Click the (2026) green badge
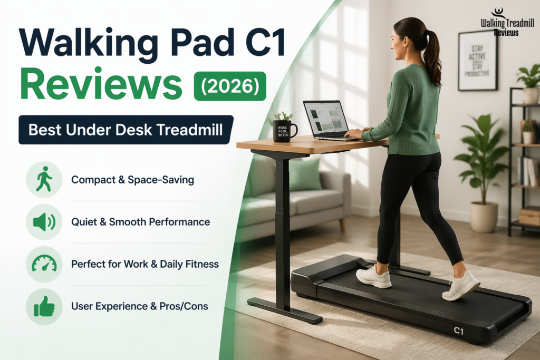coord(230,86)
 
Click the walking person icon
coord(44,180)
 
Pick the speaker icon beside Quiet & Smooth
coord(44,222)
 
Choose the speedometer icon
coord(44,264)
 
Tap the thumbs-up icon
coord(44,306)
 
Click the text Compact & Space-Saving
coord(132,180)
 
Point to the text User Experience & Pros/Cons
coord(140,306)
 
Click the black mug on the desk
coord(284,130)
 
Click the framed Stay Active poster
coord(477,60)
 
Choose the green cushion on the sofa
coord(305,174)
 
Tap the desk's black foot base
coord(285,310)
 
